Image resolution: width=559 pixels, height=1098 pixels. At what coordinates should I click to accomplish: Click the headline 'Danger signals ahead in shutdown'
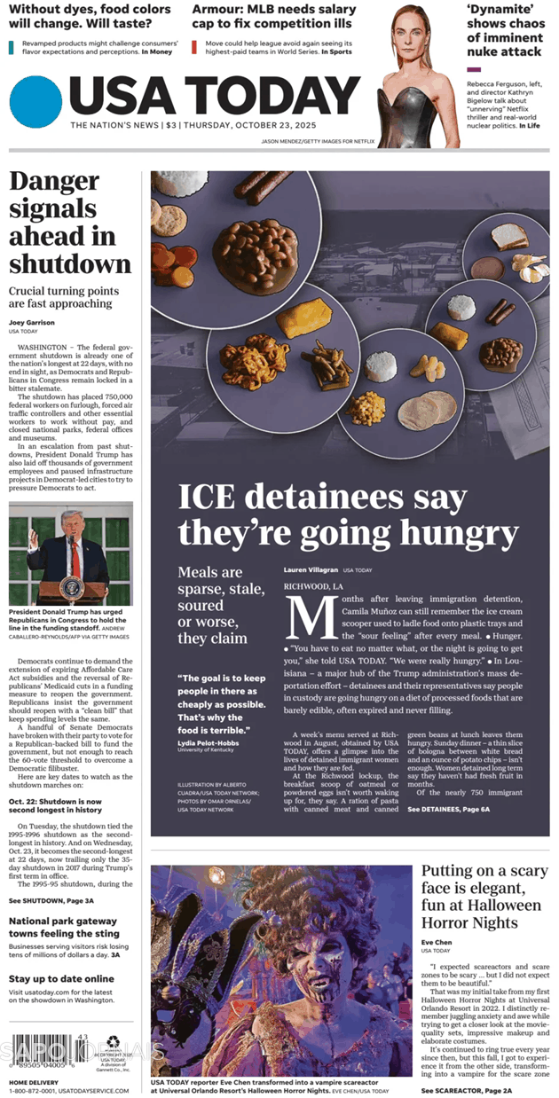point(70,222)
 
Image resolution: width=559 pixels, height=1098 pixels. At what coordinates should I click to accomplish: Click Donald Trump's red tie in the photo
point(75,558)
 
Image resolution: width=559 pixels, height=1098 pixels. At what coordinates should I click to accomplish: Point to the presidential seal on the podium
point(71,587)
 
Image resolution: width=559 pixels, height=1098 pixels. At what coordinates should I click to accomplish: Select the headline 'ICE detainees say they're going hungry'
point(348,514)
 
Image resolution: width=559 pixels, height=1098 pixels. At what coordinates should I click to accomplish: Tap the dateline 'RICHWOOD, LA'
point(313,587)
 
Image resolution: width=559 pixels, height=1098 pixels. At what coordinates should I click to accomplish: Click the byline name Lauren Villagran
point(311,569)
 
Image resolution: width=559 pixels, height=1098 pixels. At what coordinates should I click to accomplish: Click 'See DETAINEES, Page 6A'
point(448,810)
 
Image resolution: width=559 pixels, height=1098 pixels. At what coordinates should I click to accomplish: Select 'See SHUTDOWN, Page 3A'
point(51,900)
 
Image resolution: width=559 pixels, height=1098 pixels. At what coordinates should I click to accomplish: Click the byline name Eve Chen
point(437,943)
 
